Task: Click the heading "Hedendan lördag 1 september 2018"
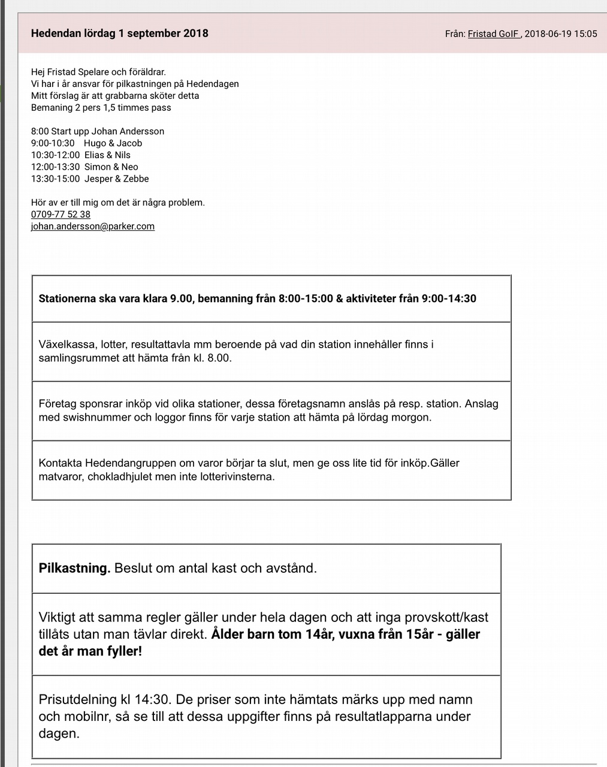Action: click(x=119, y=34)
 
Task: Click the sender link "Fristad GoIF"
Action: click(x=494, y=34)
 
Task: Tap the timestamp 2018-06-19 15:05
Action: click(x=561, y=34)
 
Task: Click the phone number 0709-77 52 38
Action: click(x=61, y=215)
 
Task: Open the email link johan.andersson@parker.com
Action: click(x=93, y=227)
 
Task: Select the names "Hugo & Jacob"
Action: click(x=113, y=143)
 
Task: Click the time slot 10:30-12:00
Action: click(x=55, y=155)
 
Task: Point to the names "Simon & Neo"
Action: click(x=111, y=167)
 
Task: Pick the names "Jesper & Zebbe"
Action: click(x=116, y=179)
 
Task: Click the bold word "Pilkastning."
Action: click(x=74, y=568)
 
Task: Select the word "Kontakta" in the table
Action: click(x=60, y=463)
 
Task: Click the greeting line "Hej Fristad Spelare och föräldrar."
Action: click(x=98, y=72)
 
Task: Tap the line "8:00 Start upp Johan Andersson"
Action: click(x=98, y=131)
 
